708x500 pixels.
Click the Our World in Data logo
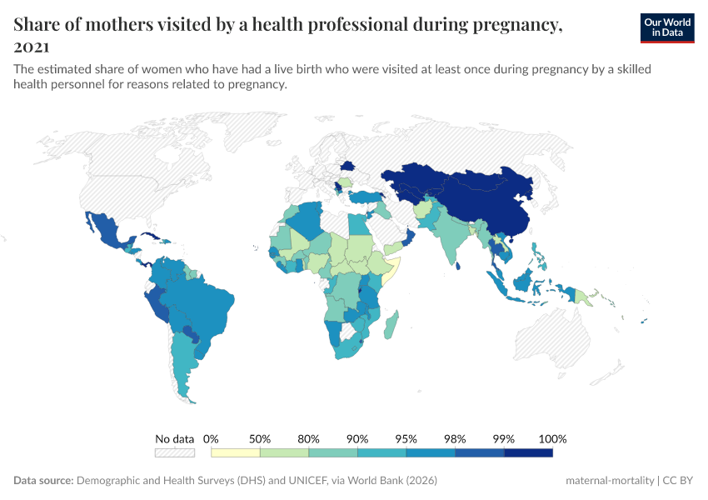click(666, 27)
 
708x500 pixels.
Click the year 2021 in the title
click(32, 47)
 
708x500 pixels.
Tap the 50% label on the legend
click(261, 438)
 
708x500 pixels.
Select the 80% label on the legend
click(309, 438)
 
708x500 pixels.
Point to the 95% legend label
click(406, 438)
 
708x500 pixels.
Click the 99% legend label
click(504, 438)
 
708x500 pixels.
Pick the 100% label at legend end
click(552, 438)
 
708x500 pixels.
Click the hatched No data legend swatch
click(174, 452)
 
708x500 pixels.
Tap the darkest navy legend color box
click(528, 452)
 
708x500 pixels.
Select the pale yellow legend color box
click(236, 452)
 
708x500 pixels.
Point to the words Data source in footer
click(43, 481)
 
